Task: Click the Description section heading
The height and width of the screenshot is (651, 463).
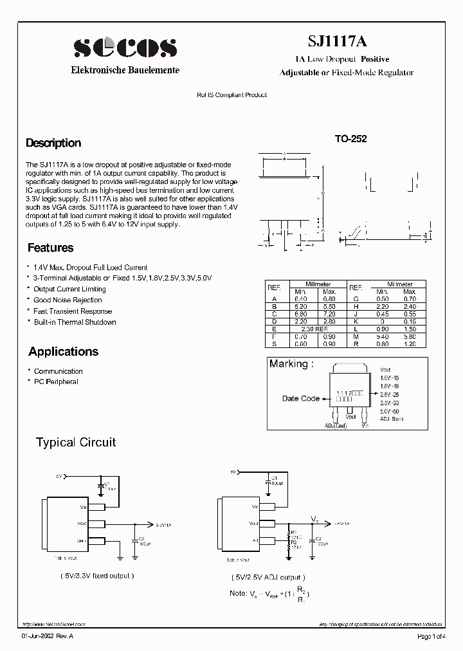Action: (x=53, y=143)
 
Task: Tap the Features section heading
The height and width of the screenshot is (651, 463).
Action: (x=50, y=248)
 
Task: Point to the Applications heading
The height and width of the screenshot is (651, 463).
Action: (x=63, y=351)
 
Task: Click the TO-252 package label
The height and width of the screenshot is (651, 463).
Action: (x=350, y=138)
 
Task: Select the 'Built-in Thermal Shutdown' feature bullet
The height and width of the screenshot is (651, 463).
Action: (x=75, y=322)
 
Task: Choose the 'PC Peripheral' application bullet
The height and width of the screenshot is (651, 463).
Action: (x=56, y=382)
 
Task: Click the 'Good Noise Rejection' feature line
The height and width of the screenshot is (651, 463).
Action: (x=68, y=300)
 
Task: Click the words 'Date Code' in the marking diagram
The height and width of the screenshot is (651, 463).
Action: (x=300, y=399)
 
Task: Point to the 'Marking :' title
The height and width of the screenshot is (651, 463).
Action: (x=291, y=364)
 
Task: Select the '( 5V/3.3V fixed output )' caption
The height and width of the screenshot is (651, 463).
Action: (x=96, y=576)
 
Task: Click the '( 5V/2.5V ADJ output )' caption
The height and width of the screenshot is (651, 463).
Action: (x=268, y=578)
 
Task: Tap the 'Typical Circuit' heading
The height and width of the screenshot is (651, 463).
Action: (x=76, y=442)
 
